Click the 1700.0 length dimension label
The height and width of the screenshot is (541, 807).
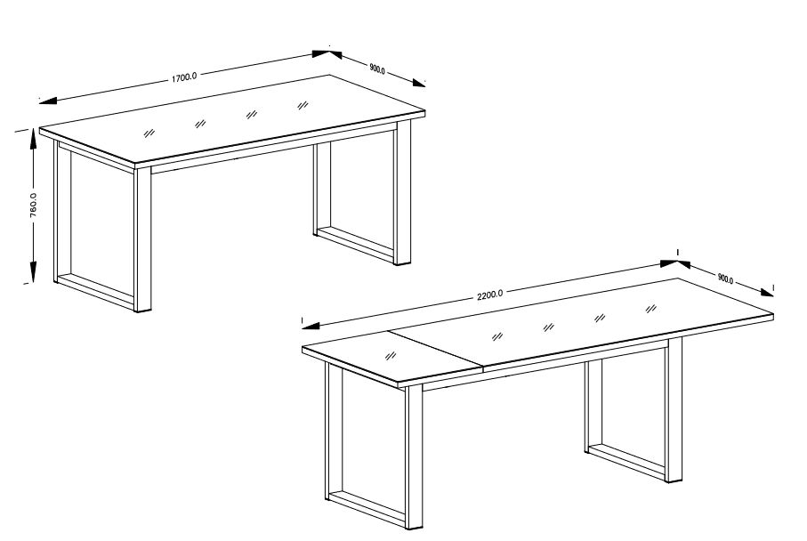(x=184, y=77)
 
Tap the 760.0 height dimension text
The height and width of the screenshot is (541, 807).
(x=33, y=206)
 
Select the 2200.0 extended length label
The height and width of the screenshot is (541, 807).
(x=490, y=295)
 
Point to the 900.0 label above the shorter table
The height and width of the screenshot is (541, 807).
(x=377, y=69)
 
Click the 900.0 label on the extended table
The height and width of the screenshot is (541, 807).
(x=725, y=279)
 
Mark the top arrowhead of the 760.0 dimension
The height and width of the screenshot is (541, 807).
(x=34, y=139)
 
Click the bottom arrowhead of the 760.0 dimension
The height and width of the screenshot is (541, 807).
(x=33, y=271)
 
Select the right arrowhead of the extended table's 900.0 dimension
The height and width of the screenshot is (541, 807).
(x=766, y=293)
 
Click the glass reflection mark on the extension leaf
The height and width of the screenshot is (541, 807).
(x=391, y=356)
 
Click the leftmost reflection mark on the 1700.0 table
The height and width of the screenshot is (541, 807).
(x=149, y=133)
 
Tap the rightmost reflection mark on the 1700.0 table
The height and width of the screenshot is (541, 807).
(x=303, y=106)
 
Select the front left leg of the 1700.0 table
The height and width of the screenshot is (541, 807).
(x=142, y=240)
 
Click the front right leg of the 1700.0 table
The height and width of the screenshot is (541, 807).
(x=403, y=192)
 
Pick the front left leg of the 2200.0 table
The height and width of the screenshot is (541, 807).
(x=414, y=457)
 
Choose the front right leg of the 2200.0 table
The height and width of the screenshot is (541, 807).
(x=674, y=410)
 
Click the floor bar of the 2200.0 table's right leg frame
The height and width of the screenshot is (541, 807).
(x=626, y=460)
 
